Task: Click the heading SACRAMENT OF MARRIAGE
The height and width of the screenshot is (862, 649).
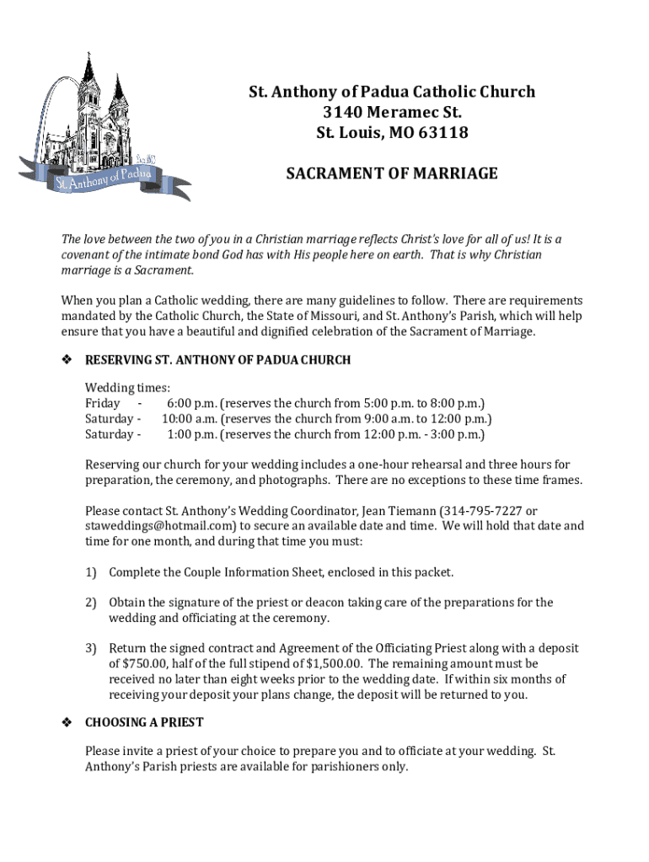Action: (392, 174)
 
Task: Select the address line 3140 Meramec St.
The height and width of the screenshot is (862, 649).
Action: (392, 112)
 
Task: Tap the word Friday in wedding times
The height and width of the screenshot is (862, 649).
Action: (102, 403)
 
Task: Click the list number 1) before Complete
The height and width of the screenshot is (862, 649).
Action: (90, 572)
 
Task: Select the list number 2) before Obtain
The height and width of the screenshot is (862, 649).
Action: (90, 603)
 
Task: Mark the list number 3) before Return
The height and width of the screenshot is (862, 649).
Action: (90, 649)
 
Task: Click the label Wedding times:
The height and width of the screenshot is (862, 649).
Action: (127, 388)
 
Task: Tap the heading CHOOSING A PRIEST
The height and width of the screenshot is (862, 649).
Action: (144, 723)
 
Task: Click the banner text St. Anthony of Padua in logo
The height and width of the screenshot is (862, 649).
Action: (101, 178)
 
